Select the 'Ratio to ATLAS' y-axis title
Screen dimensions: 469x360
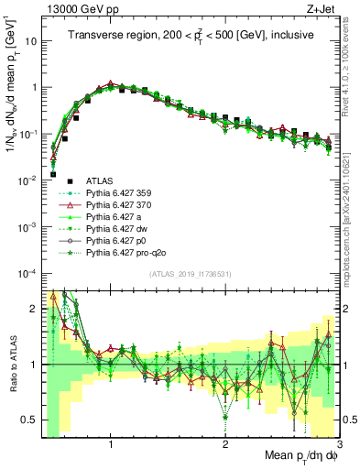coord(12,365)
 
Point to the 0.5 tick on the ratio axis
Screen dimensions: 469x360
coord(29,420)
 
